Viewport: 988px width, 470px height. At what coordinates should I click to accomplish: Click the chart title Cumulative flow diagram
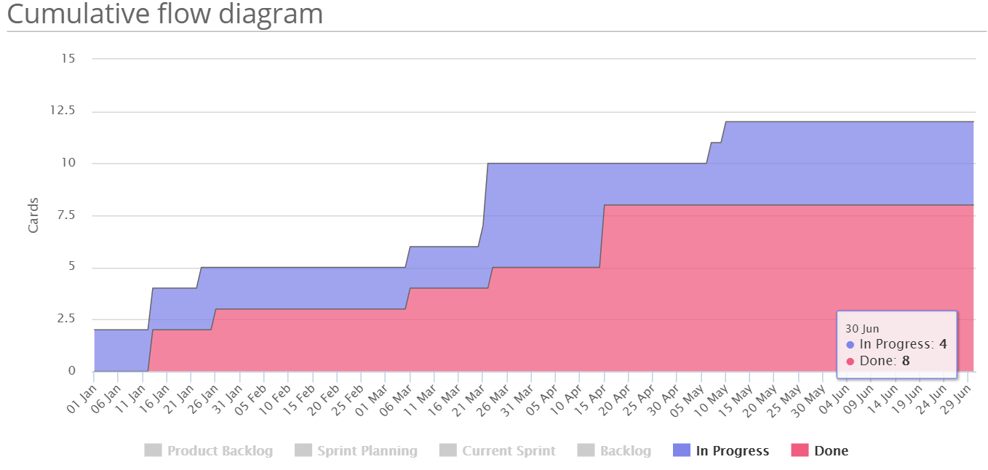pos(164,14)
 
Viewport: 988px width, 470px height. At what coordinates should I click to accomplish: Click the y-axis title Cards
pos(33,215)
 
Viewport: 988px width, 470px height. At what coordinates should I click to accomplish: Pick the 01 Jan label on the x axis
pos(82,398)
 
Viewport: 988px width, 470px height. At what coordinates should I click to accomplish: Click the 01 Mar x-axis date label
pos(373,399)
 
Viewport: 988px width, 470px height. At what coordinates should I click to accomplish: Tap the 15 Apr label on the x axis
pos(591,399)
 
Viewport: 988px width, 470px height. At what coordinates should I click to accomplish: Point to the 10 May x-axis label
pos(713,399)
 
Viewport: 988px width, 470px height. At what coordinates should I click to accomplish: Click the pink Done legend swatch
pos(800,451)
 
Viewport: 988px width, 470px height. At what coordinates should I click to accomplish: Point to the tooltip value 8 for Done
pos(906,361)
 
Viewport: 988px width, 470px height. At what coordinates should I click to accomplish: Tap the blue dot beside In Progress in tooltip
pos(850,345)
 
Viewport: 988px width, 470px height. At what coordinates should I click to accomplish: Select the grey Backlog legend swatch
pos(586,451)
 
